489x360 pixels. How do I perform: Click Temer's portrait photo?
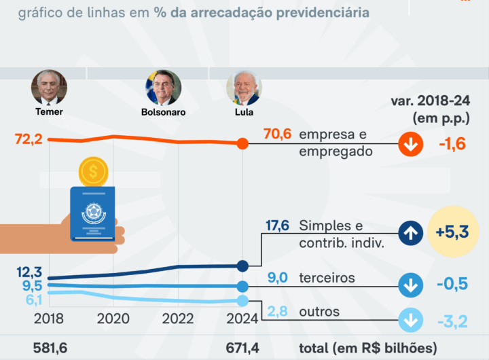tap(49, 87)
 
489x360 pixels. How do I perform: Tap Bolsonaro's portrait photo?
tap(164, 87)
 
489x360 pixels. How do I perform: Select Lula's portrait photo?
tap(243, 87)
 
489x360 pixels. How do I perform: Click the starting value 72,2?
tap(29, 139)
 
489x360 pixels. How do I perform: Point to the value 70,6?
tap(277, 134)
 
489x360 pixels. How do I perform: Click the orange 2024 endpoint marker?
tap(243, 143)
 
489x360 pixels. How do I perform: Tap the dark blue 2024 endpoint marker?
tap(243, 266)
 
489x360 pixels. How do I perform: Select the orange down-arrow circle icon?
tap(410, 144)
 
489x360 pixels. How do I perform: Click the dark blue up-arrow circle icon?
tap(410, 233)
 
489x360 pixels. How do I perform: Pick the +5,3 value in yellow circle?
tap(453, 232)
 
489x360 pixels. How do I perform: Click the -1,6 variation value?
tap(452, 144)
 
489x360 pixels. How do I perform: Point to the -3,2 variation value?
tap(453, 321)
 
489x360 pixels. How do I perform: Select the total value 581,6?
tap(50, 348)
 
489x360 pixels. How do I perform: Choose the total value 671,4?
tap(242, 348)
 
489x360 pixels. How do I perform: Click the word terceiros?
tap(327, 278)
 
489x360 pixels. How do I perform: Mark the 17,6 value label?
tap(277, 226)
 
